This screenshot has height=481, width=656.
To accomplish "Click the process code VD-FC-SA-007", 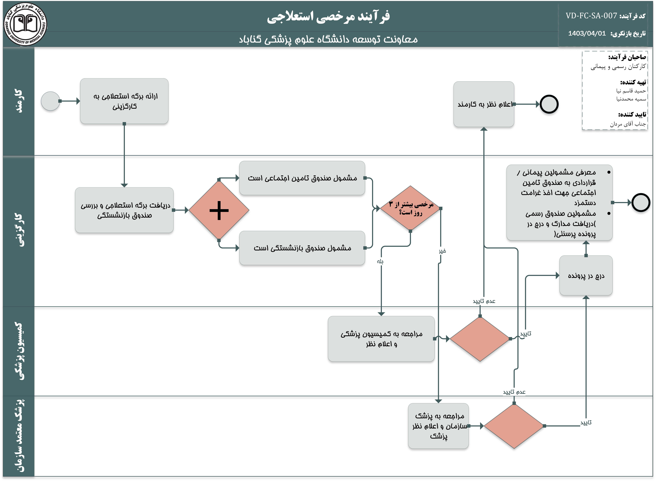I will (x=591, y=16).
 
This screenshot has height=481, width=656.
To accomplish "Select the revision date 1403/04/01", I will (x=587, y=34).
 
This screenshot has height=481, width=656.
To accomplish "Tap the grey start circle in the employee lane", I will (x=50, y=101).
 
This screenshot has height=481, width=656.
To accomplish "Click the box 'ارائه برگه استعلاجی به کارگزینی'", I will (x=124, y=101).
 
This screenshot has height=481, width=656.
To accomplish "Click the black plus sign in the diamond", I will (x=219, y=210).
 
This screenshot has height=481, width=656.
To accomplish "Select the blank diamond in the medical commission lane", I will (x=480, y=339).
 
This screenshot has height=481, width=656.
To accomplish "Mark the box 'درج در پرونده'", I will (x=586, y=275).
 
